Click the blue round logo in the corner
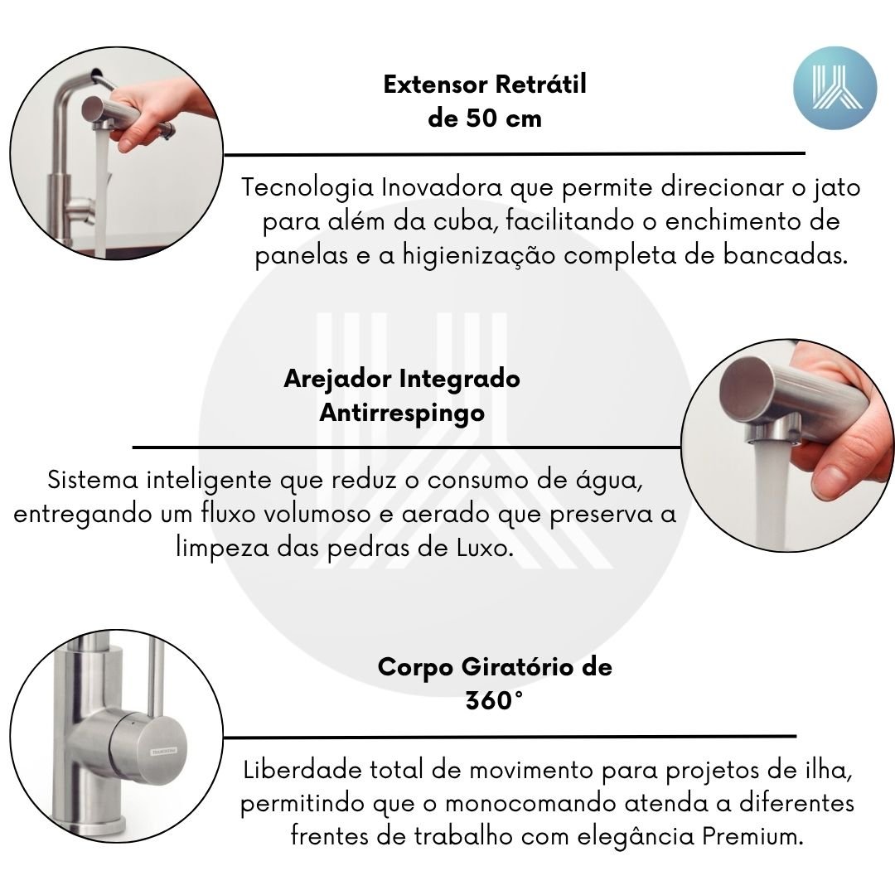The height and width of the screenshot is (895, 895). click(835, 88)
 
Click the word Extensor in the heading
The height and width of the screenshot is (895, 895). click(436, 85)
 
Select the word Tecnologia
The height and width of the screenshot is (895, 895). click(307, 188)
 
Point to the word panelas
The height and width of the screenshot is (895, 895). click(302, 255)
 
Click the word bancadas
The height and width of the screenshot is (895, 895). click(786, 254)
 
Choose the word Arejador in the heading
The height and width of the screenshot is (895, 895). click(338, 380)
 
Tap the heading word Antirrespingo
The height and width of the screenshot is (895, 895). click(402, 414)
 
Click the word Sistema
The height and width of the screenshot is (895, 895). click(93, 480)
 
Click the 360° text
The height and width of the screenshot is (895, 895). click(494, 700)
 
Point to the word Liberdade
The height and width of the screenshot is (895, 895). click(303, 770)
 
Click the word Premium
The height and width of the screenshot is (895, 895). click(752, 837)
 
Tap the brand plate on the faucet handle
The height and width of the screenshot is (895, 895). click(163, 751)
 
